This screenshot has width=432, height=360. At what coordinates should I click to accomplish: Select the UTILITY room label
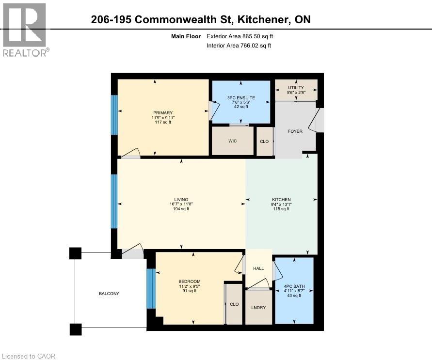tap(296, 88)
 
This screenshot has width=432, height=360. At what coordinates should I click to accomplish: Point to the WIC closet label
tap(232, 142)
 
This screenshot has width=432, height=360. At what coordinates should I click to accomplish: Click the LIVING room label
tap(181, 200)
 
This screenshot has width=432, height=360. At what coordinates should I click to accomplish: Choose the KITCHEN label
tap(281, 200)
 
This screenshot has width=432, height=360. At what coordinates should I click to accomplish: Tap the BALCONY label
tap(109, 294)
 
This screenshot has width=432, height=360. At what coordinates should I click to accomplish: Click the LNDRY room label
tap(258, 308)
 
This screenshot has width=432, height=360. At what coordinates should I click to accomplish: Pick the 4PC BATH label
tap(294, 286)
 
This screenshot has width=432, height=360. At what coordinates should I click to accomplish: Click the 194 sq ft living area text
tap(181, 209)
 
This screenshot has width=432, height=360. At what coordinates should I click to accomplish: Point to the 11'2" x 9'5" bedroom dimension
tap(189, 286)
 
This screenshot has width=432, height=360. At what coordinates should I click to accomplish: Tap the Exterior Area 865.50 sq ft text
tap(243, 36)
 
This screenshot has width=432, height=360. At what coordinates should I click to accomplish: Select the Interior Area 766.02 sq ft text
tap(239, 46)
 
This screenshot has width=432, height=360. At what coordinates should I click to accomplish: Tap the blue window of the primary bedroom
tap(114, 115)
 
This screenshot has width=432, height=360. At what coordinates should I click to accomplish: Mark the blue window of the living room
tap(114, 201)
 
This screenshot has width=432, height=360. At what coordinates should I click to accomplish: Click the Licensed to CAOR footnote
tap(28, 356)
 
